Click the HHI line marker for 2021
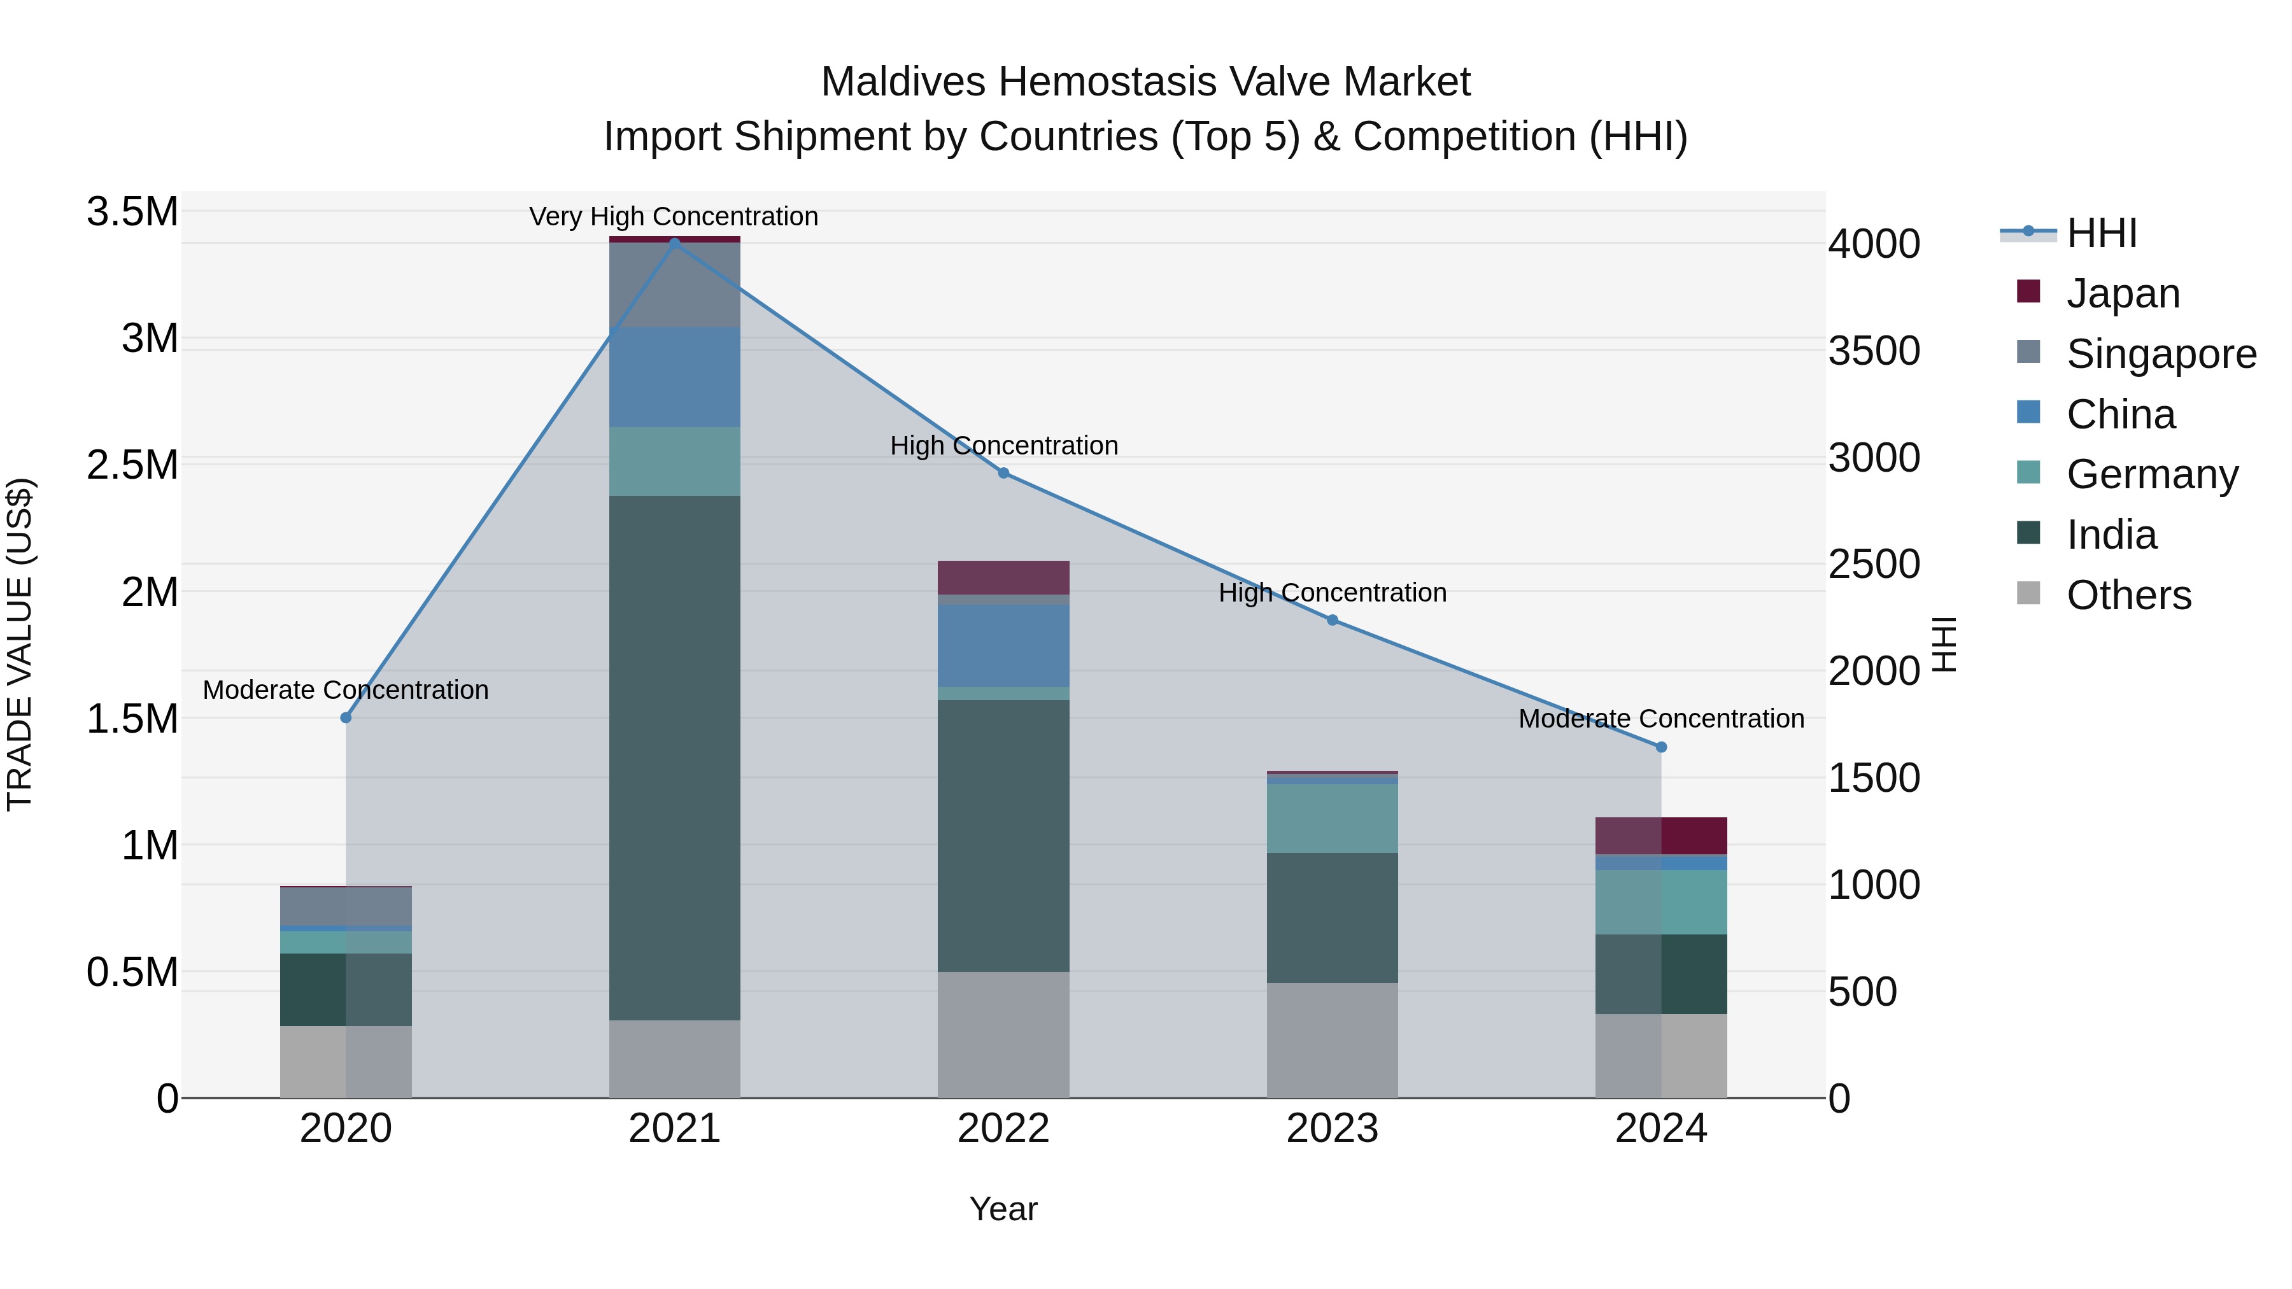[674, 243]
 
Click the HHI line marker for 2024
[1660, 747]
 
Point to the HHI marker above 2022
[1003, 473]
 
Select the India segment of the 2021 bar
[674, 756]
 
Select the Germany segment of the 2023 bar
[1332, 819]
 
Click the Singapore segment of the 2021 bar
[674, 285]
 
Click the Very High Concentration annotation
[674, 217]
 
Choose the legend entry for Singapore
[2160, 354]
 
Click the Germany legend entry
[2151, 474]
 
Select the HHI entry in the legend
[2101, 233]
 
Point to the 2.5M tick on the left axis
[132, 465]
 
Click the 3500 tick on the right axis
[1874, 351]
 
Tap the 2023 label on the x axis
[1332, 1129]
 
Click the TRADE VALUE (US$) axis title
[20, 644]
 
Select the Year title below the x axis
[1003, 1209]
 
